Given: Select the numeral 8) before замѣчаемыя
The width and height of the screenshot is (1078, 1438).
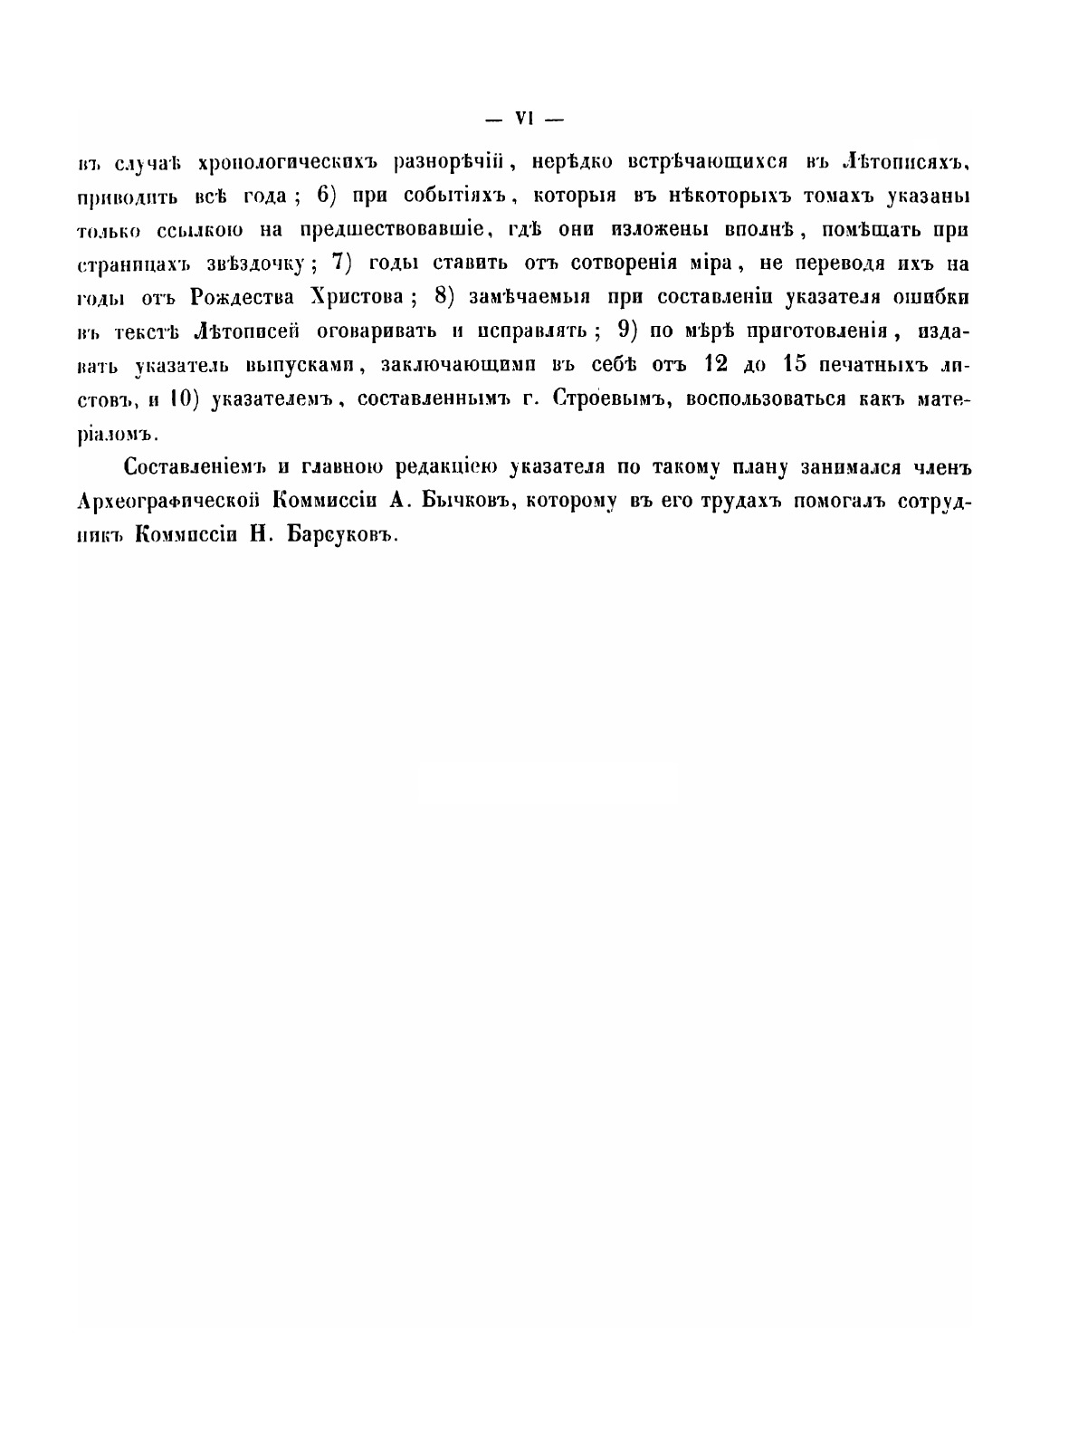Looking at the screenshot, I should pos(448,297).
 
